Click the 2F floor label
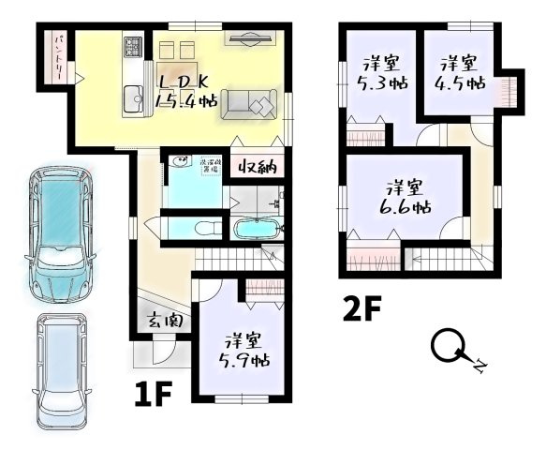[362, 308]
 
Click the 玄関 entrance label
[165, 321]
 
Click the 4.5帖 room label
[461, 74]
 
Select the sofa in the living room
[248, 103]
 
